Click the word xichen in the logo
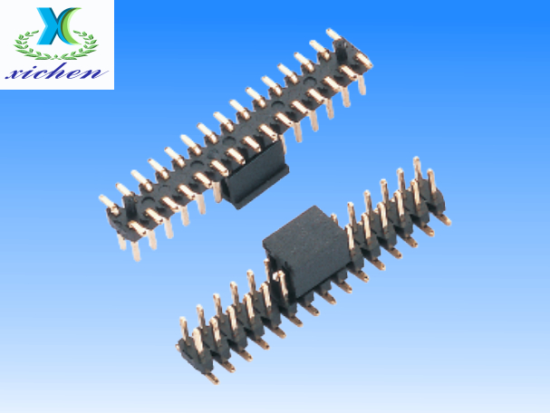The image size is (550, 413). (56, 73)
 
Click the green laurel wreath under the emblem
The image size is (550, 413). (56, 45)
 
